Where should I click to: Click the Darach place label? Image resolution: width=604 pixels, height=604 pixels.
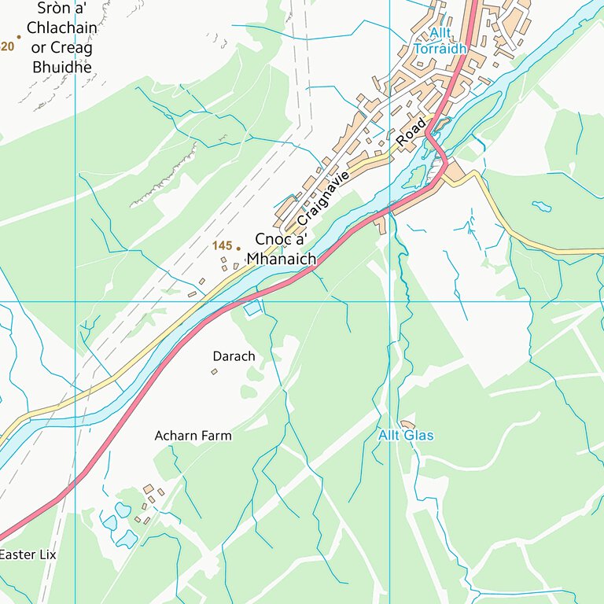(234, 356)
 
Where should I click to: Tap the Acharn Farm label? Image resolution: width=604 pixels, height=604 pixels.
(193, 436)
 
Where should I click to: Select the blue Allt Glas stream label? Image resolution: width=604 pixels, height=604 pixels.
(406, 436)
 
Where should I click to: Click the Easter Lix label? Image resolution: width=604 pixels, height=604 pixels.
(28, 554)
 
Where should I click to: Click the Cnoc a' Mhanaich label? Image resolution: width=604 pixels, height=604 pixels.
(281, 249)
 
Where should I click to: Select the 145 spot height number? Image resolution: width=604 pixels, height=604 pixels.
(222, 246)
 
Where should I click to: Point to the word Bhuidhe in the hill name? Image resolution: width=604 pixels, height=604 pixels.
(62, 66)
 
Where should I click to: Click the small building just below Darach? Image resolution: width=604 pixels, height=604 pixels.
(214, 371)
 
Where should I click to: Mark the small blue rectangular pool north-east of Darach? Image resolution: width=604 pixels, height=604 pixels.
(252, 309)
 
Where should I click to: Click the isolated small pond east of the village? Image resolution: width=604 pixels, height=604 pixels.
(541, 207)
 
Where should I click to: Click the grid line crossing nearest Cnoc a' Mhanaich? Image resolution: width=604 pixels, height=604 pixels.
(390, 301)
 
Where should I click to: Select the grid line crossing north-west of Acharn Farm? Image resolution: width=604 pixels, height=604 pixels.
(75, 301)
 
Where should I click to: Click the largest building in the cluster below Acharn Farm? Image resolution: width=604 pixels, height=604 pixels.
(148, 489)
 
